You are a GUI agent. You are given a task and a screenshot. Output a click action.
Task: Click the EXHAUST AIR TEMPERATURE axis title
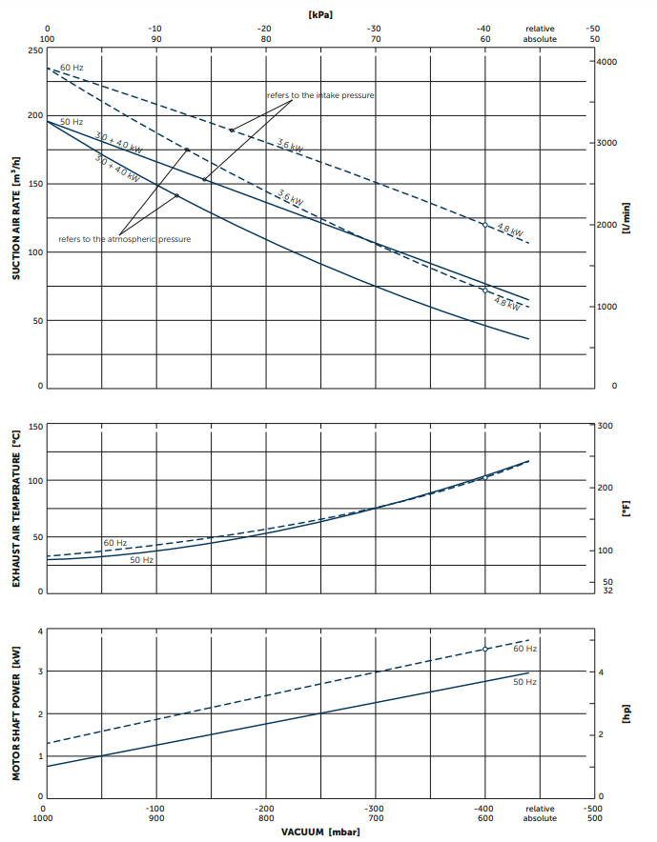coord(16,510)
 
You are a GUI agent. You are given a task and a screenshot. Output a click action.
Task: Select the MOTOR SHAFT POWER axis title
coord(16,714)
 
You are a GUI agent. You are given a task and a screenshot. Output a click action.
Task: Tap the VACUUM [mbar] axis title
coord(319,832)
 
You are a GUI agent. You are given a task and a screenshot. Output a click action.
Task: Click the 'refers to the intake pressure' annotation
coord(320,95)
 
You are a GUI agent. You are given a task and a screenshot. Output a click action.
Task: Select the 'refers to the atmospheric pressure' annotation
coord(125,238)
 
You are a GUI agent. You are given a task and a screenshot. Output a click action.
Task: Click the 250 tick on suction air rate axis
coord(35,50)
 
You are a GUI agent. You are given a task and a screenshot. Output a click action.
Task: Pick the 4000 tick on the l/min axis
coord(607,62)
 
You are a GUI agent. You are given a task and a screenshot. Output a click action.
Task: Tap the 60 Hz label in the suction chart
coord(72,68)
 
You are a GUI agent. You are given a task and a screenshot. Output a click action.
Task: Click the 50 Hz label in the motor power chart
coord(524,682)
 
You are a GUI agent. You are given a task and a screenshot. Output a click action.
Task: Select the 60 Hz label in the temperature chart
coord(115,542)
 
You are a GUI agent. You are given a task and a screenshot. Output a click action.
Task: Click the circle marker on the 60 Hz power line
coord(485,649)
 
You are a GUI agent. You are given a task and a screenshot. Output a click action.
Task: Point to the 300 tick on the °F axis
coord(606,425)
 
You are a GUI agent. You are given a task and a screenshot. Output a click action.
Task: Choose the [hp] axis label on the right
coord(627,714)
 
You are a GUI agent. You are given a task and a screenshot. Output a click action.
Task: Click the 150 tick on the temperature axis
coord(35,426)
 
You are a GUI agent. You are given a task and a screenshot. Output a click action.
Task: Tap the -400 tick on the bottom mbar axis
coord(484,807)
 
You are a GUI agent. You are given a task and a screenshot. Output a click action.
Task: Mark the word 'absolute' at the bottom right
coord(540,818)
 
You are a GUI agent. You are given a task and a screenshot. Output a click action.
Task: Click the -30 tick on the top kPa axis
coord(375,29)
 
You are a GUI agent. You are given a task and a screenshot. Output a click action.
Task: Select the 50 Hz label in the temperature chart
coord(142,560)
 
